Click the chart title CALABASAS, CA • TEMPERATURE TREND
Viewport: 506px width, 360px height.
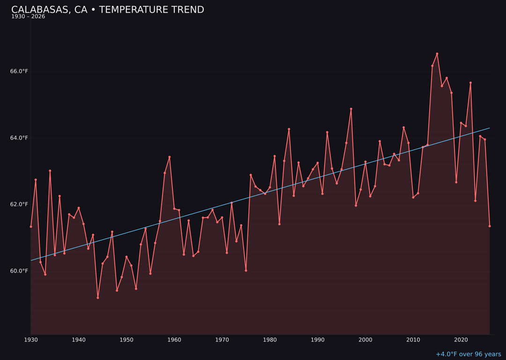tap(108, 10)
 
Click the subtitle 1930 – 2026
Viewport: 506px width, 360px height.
tap(28, 17)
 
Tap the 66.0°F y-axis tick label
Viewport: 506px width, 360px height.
tap(19, 71)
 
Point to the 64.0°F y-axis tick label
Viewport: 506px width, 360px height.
tap(19, 138)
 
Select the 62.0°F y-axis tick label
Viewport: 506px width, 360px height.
tap(19, 204)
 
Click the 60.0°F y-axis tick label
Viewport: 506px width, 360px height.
tap(19, 271)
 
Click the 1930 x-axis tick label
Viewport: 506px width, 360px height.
tap(31, 339)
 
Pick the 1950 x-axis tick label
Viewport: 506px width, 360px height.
tap(126, 339)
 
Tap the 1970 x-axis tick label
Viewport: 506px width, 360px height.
tap(222, 339)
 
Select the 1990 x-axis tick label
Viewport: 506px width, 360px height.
tap(318, 339)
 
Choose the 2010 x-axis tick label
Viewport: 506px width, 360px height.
tap(413, 339)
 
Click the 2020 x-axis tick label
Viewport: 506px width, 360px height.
tap(461, 339)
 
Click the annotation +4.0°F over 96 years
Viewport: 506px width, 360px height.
tap(469, 354)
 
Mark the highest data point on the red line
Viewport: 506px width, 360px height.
tap(437, 54)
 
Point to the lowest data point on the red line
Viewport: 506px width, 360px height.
tap(98, 298)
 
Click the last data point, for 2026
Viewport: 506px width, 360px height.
tap(490, 226)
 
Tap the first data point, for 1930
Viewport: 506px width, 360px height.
tap(31, 226)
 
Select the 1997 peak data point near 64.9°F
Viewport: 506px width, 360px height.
tap(351, 109)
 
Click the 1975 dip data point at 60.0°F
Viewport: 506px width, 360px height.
tap(246, 270)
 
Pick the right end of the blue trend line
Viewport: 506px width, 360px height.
tap(490, 128)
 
